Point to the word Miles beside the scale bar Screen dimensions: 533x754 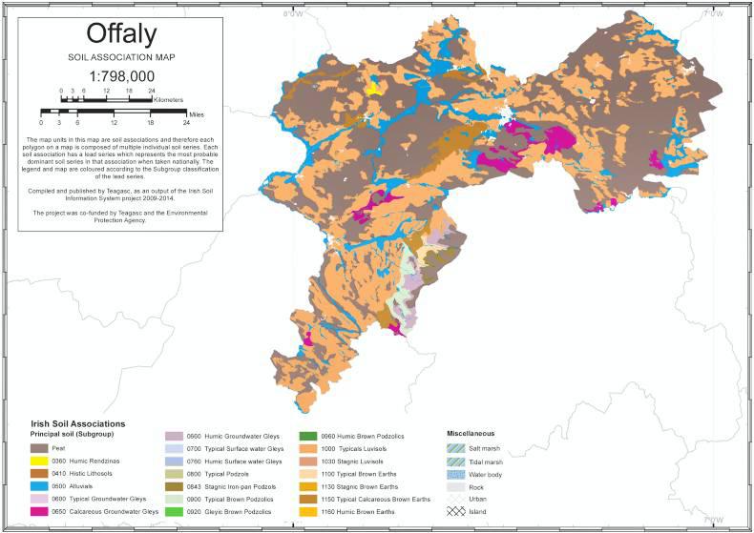pyautogui.click(x=196, y=112)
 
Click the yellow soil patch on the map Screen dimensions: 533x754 pyautogui.click(x=373, y=88)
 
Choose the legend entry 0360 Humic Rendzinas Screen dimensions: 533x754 pyautogui.click(x=93, y=461)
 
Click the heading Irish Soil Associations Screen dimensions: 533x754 pyautogui.click(x=78, y=423)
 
